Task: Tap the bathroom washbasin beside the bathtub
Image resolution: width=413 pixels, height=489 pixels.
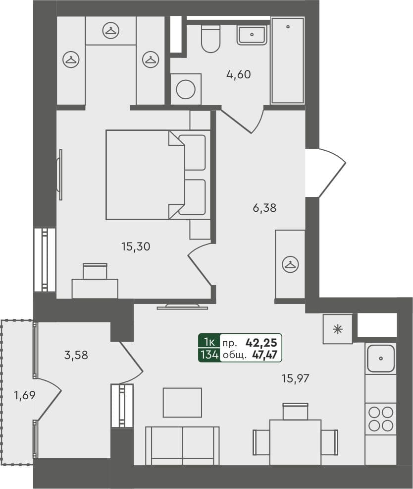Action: [252, 35]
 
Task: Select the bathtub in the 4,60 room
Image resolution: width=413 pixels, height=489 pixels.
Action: [287, 61]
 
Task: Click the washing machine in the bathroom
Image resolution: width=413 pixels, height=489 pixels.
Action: [186, 89]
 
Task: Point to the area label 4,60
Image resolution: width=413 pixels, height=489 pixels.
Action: [239, 75]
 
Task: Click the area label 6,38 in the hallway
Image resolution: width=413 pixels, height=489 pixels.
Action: [264, 208]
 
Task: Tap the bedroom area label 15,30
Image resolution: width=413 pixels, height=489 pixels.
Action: [135, 246]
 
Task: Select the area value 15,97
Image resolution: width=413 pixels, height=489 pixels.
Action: [296, 378]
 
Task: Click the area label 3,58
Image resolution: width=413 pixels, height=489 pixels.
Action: [76, 355]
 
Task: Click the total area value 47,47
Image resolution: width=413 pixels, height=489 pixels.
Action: [263, 355]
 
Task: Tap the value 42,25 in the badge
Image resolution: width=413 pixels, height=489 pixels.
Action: [263, 342]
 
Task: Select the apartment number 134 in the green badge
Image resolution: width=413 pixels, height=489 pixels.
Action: [208, 355]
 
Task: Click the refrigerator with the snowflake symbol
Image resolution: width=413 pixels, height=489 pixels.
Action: [338, 329]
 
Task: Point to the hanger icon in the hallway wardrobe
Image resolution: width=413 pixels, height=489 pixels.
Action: [289, 264]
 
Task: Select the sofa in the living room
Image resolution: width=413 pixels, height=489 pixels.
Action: [182, 445]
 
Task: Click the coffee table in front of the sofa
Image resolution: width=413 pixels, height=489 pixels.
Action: [182, 402]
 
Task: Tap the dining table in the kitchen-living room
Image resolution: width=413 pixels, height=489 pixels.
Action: [295, 441]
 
